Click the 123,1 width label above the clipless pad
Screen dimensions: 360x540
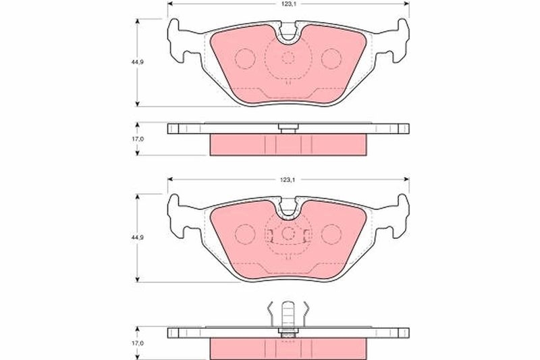288,4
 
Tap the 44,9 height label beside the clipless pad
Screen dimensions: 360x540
127,61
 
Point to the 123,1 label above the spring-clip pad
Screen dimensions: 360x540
288,180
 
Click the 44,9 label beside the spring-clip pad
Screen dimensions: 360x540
127,238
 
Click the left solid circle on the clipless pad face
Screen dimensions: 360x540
244,59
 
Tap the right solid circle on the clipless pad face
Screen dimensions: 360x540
331,59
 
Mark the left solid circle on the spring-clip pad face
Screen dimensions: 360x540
244,234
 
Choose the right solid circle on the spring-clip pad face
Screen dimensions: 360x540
331,234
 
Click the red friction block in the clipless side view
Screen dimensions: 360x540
288,144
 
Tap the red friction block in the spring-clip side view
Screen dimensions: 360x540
288,348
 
